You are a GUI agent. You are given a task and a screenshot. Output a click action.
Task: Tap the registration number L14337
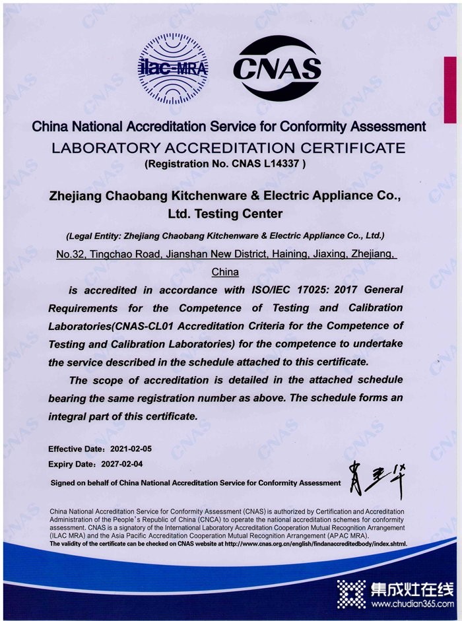point(282,163)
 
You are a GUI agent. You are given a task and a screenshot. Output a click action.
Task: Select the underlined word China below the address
point(225,271)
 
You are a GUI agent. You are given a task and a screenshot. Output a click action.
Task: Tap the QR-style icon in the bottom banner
point(351,593)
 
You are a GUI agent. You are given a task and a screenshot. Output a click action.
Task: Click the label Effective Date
point(73,449)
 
